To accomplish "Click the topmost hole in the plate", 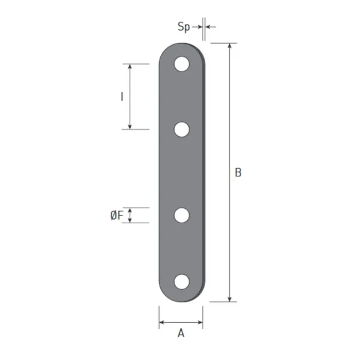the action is [182, 64].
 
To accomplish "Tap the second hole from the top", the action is [182, 130].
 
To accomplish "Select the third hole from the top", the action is [182, 215].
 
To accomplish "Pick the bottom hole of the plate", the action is [182, 282].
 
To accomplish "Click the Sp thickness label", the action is [184, 28].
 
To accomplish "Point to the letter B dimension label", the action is [238, 172].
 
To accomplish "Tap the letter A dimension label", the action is [181, 333].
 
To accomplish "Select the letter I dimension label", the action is [122, 97].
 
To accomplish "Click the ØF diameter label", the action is [116, 215].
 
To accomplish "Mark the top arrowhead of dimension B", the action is [230, 46].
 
